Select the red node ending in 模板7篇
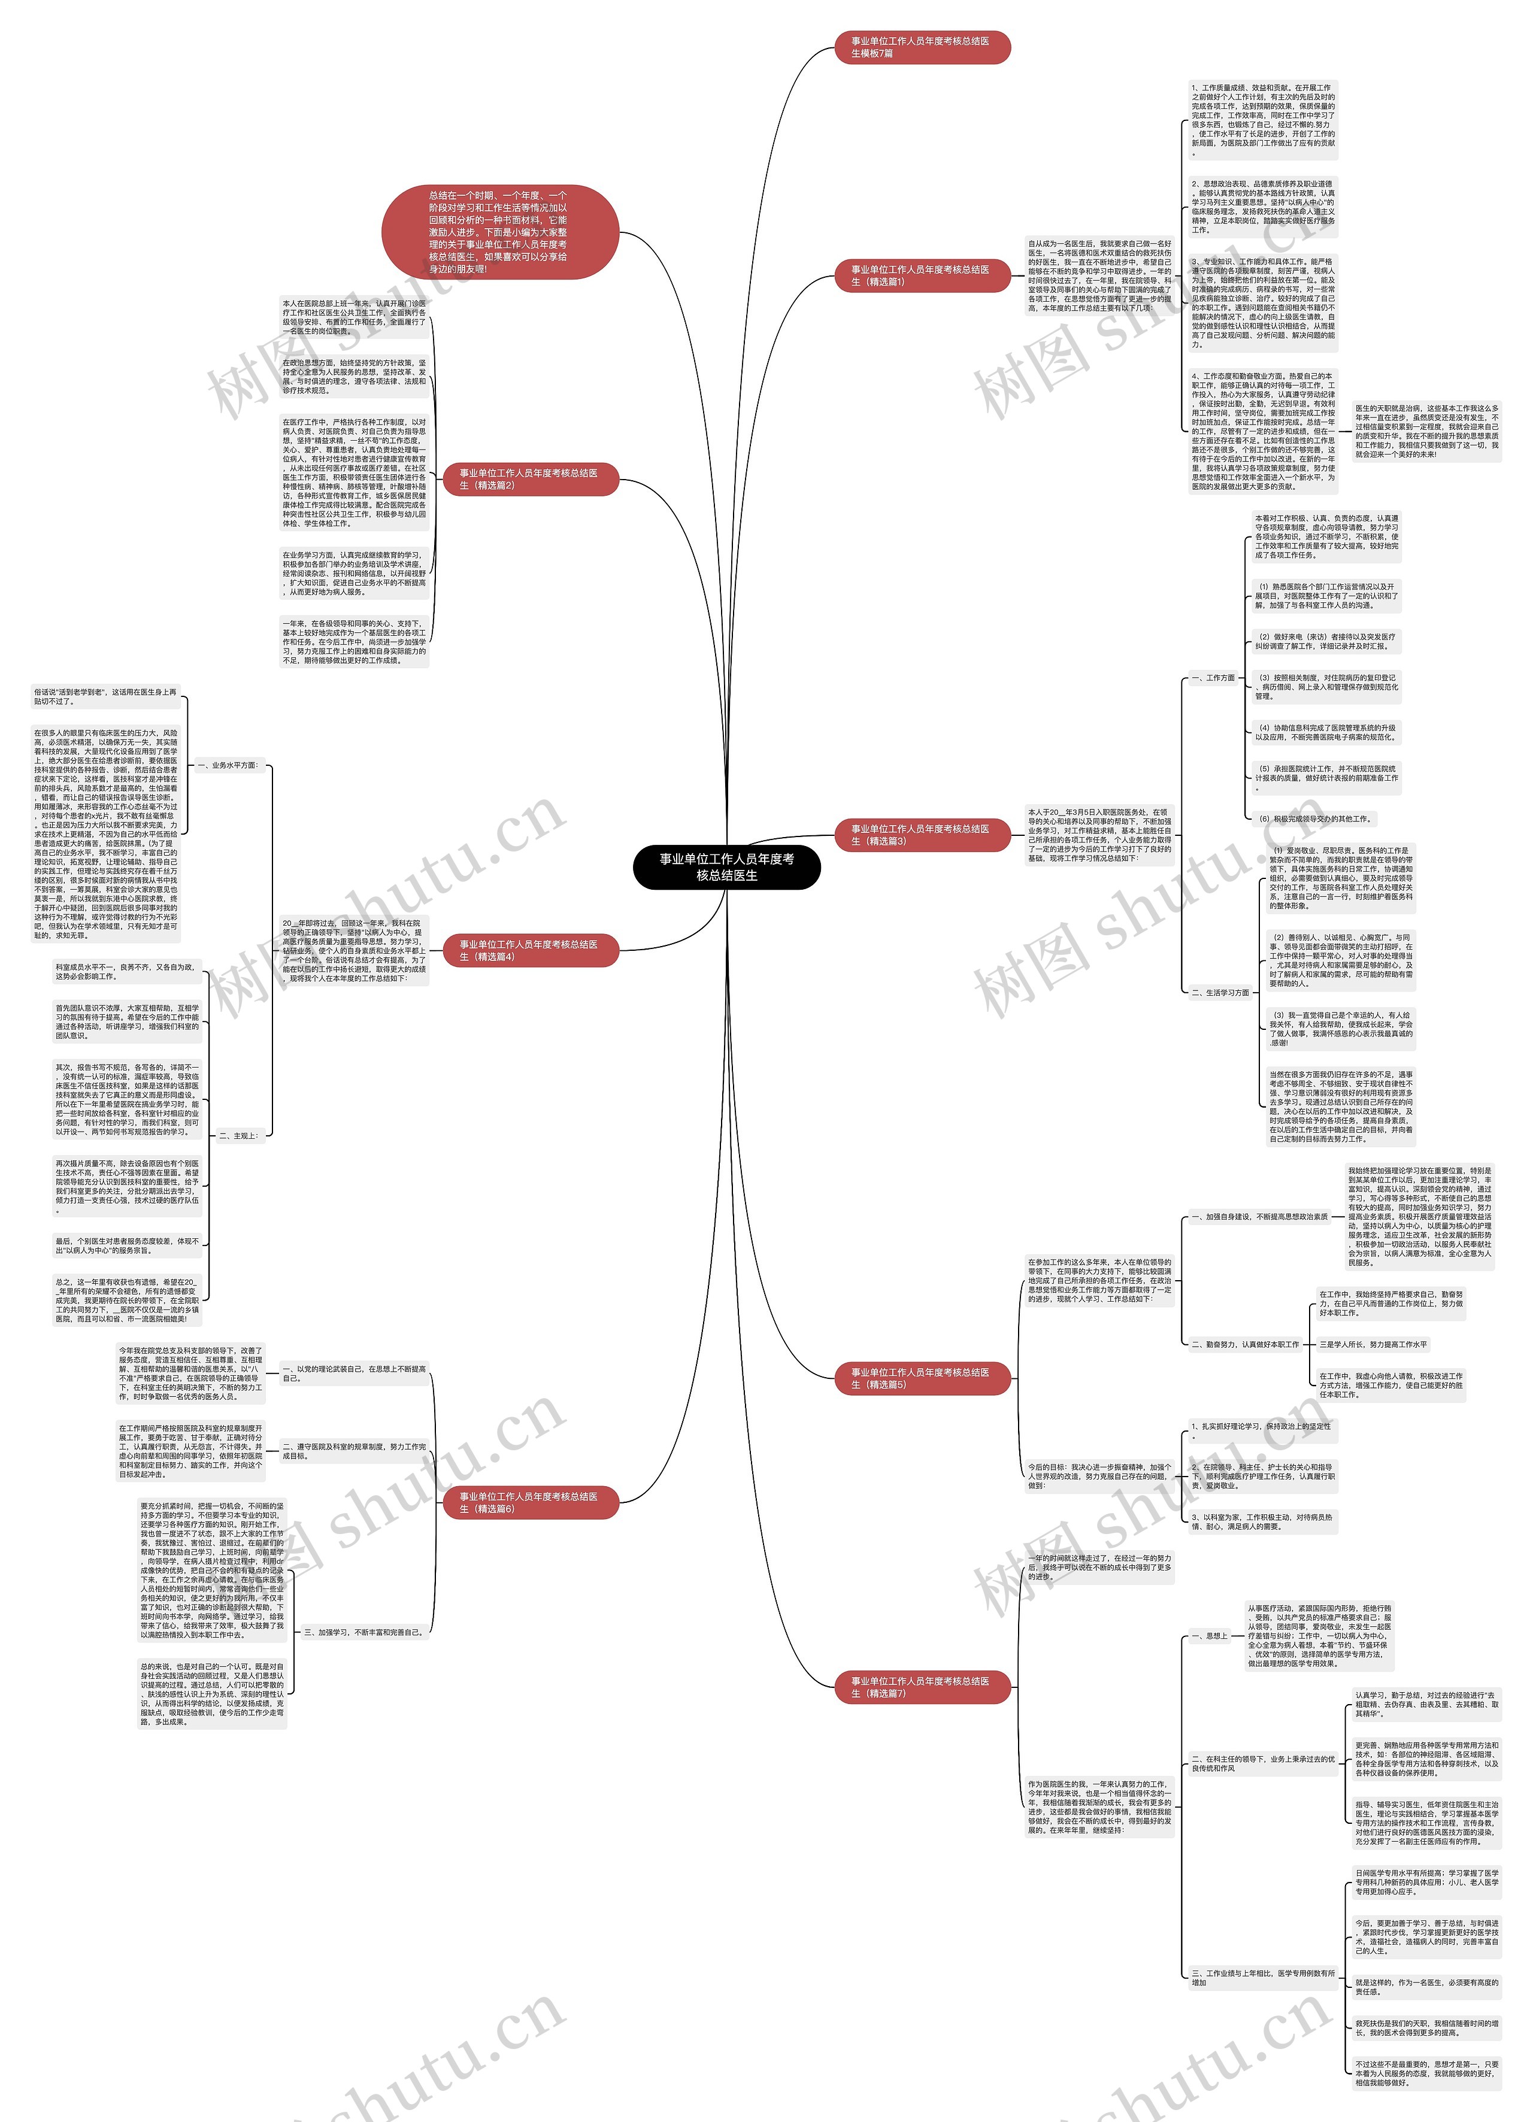[921, 47]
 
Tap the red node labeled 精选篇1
[921, 275]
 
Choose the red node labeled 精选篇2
[529, 479]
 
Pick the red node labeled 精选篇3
[921, 835]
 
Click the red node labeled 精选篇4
[529, 951]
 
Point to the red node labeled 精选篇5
[921, 1378]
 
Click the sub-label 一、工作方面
[1213, 677]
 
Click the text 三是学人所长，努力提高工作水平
[1373, 1344]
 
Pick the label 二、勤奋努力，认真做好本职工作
[1245, 1344]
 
